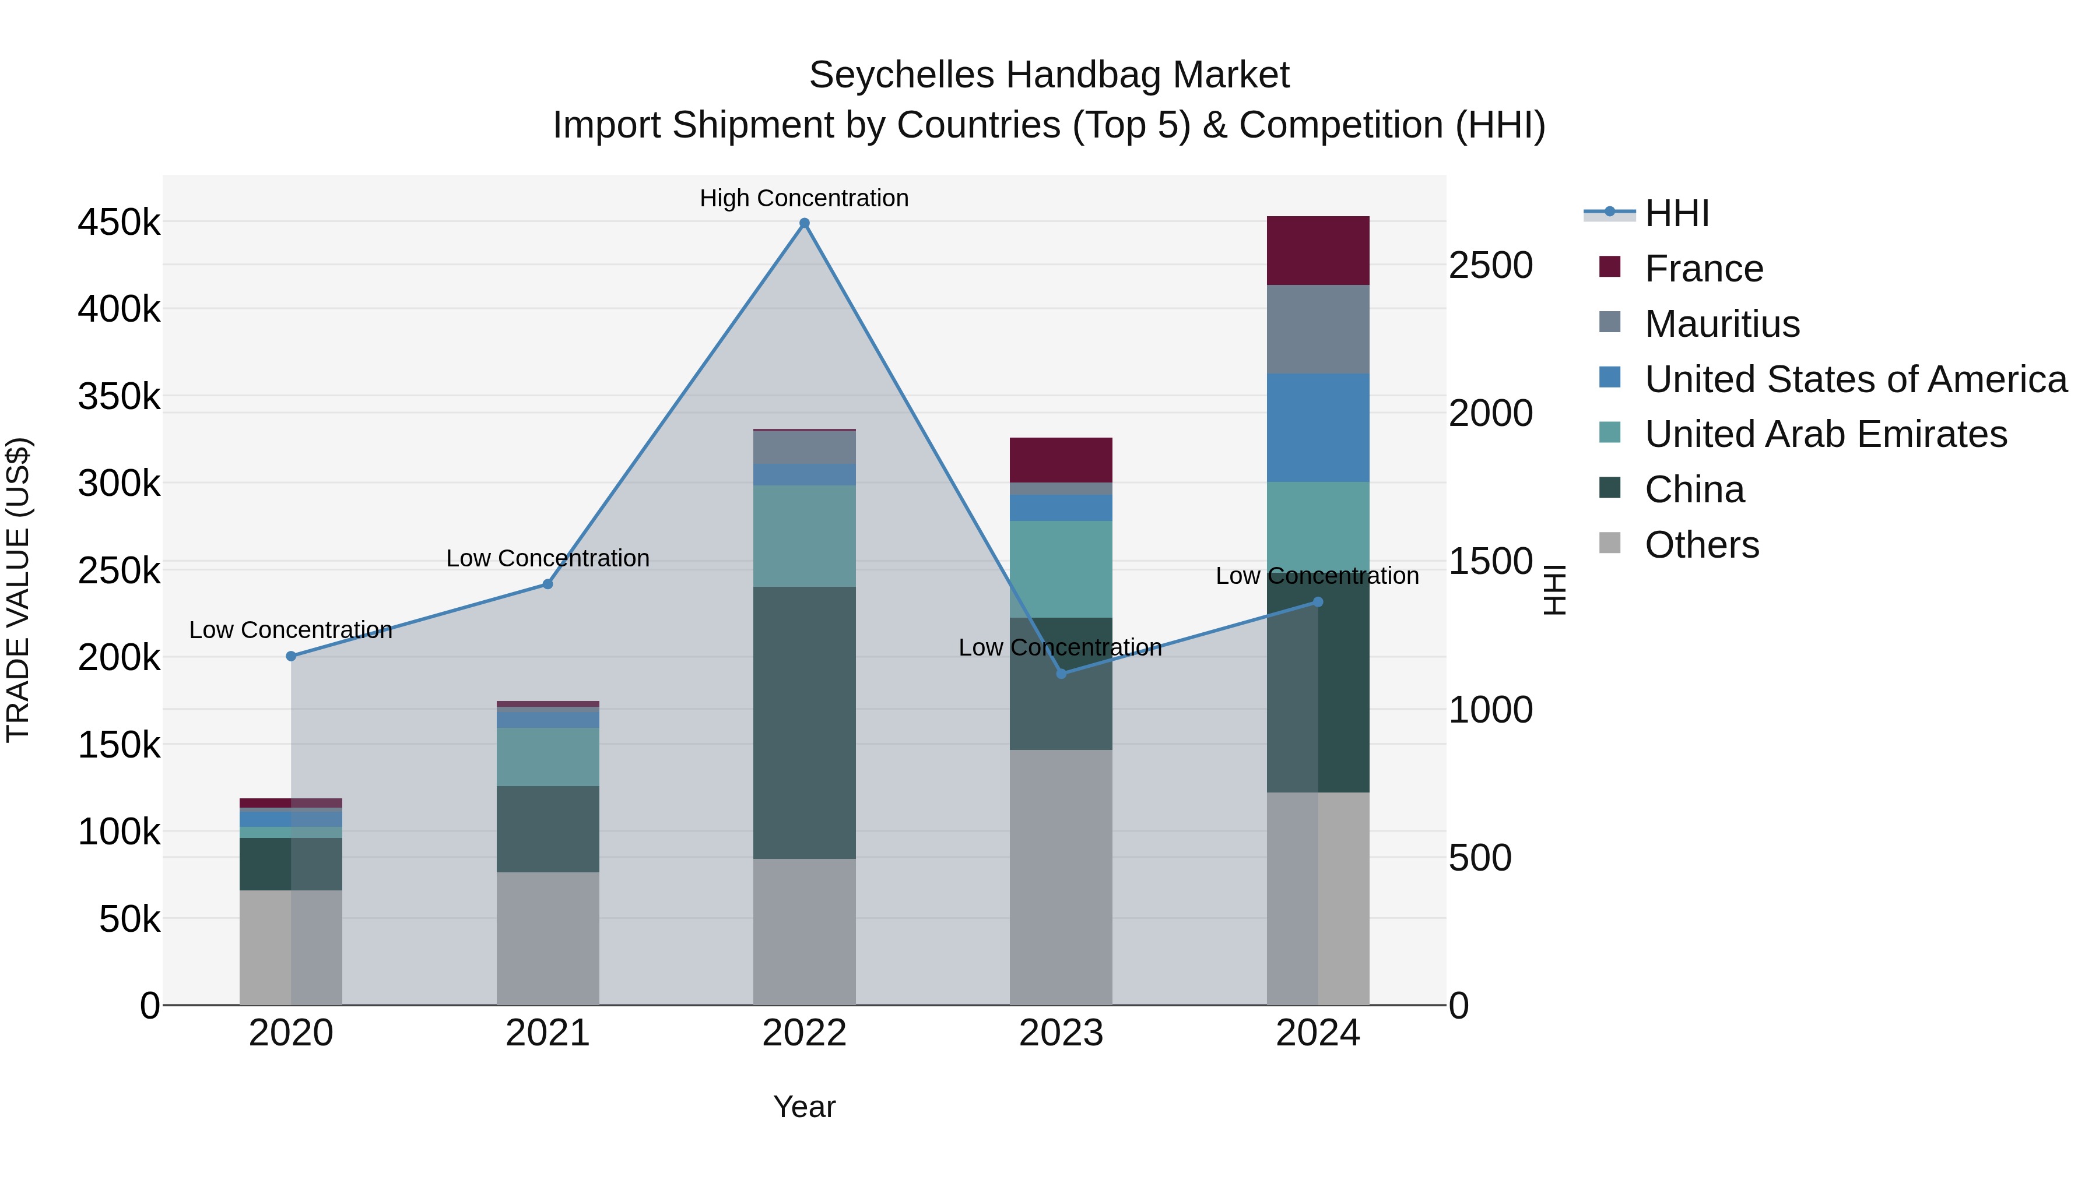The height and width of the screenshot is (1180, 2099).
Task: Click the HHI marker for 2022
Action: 804,223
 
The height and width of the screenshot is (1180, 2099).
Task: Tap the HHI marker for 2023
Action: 1061,674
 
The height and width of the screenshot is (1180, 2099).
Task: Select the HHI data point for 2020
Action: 291,656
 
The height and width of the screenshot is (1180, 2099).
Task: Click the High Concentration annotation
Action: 803,198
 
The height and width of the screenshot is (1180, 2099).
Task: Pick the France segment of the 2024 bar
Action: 1318,250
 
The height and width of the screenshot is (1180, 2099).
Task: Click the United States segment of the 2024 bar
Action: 1318,428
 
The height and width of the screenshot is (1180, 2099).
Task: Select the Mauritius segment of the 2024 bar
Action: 1318,329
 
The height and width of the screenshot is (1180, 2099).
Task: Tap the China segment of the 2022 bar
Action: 804,723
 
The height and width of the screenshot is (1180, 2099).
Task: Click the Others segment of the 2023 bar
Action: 1061,877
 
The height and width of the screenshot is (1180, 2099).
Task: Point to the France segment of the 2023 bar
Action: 1061,460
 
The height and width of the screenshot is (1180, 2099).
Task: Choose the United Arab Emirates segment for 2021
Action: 547,756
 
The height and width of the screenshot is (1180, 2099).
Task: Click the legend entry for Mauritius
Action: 1722,324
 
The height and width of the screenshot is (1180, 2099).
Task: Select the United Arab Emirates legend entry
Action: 1825,434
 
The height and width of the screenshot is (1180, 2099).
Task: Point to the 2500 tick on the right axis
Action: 1490,266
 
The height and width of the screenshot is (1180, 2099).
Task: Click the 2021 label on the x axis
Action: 547,1033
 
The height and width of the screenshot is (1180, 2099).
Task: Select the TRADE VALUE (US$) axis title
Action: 18,590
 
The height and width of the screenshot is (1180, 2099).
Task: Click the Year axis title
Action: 804,1107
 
